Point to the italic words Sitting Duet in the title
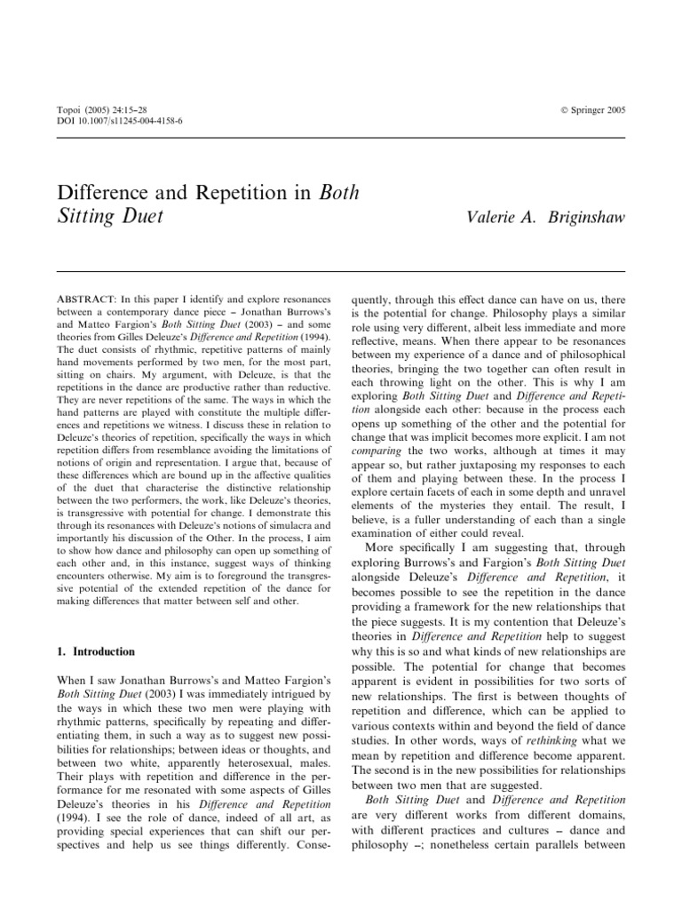[x=110, y=216]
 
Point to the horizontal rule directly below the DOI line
[x=341, y=138]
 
